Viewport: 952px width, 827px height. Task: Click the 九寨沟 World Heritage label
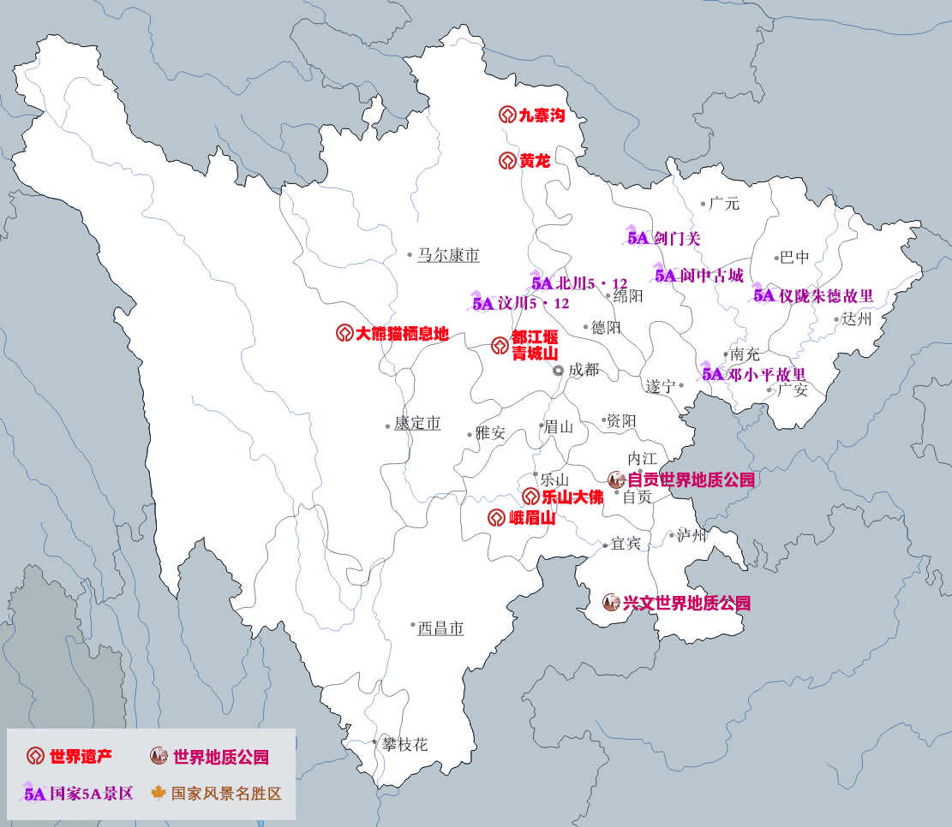542,115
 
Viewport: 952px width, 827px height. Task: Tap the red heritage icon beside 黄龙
506,160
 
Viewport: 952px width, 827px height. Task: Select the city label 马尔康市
448,255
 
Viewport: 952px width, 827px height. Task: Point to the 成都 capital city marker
558,370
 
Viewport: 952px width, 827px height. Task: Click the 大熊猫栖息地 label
402,333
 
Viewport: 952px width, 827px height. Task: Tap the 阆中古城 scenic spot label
710,275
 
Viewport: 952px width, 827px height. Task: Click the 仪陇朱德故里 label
826,295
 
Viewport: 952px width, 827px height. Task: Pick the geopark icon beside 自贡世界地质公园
616,479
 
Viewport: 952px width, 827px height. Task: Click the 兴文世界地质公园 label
686,603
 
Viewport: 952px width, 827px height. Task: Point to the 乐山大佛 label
572,497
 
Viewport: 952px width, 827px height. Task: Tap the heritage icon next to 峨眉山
496,517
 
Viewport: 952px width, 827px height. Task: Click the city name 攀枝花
404,745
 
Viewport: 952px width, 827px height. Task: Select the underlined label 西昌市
440,628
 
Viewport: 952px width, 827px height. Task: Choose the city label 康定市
417,424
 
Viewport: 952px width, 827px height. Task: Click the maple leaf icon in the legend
159,793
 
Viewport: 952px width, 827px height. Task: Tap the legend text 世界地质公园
221,757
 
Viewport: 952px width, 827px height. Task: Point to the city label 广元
724,204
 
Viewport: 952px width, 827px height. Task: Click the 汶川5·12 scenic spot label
533,303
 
